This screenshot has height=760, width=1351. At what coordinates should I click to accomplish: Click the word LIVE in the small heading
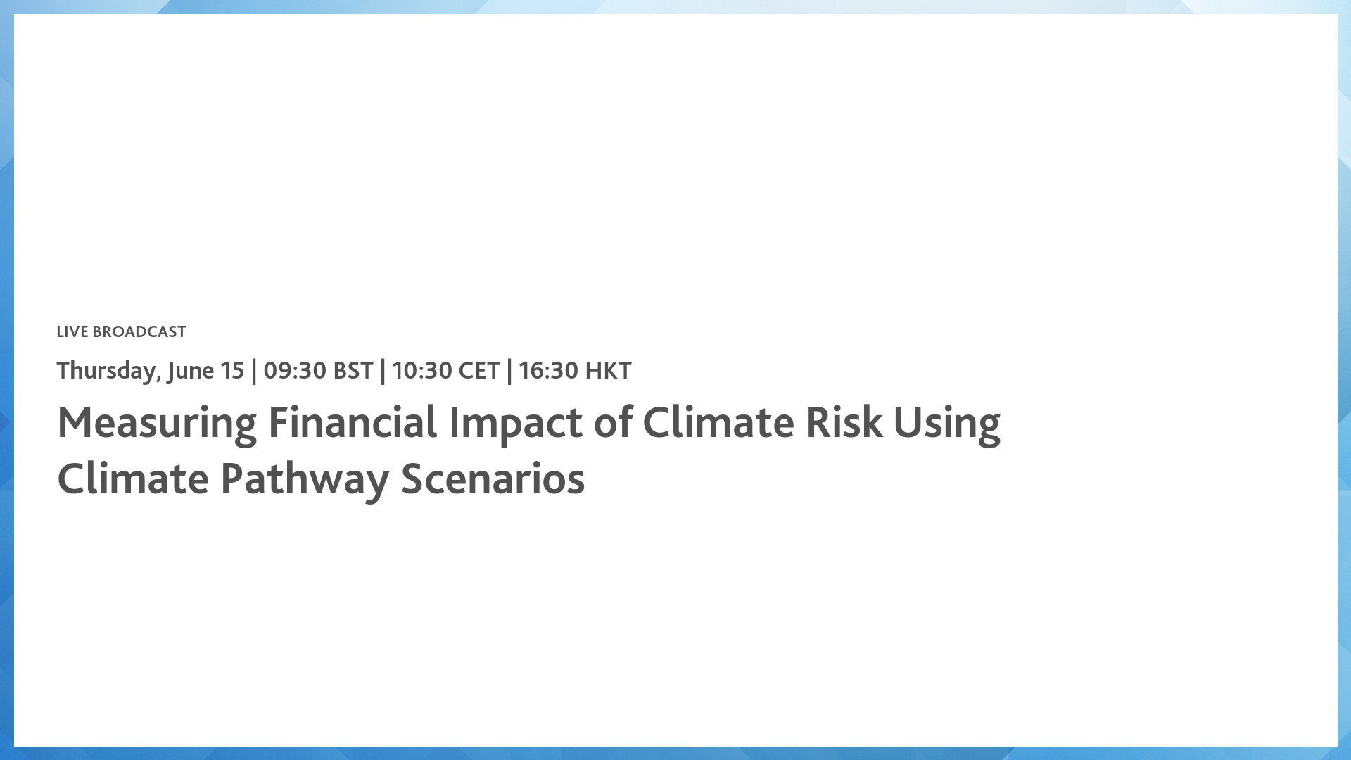pyautogui.click(x=72, y=331)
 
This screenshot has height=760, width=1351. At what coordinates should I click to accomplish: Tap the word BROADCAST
pyautogui.click(x=139, y=331)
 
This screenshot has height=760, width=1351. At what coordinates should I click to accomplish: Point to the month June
pyautogui.click(x=190, y=370)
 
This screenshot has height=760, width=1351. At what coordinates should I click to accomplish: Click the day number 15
pyautogui.click(x=232, y=370)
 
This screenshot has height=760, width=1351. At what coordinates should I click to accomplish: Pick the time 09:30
pyautogui.click(x=295, y=370)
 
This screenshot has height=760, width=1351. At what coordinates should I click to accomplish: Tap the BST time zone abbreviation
pyautogui.click(x=353, y=370)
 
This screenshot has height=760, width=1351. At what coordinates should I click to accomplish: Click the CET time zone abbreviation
pyautogui.click(x=479, y=370)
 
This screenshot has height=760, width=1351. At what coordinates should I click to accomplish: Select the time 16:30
pyautogui.click(x=548, y=370)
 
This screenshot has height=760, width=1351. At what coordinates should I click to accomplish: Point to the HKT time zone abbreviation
pyautogui.click(x=609, y=370)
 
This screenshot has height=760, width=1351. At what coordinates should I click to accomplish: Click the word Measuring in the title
pyautogui.click(x=157, y=423)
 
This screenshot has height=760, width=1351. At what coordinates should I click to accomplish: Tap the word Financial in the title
pyautogui.click(x=353, y=423)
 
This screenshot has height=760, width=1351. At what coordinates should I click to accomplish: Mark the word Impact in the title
pyautogui.click(x=515, y=423)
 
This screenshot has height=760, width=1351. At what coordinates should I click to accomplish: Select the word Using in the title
pyautogui.click(x=946, y=423)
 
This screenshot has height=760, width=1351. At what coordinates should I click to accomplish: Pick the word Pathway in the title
pyautogui.click(x=305, y=479)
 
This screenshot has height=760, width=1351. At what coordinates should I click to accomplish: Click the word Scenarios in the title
pyautogui.click(x=493, y=479)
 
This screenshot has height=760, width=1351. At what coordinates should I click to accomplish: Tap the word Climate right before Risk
pyautogui.click(x=718, y=423)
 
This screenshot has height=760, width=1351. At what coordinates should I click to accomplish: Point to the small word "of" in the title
pyautogui.click(x=612, y=423)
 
